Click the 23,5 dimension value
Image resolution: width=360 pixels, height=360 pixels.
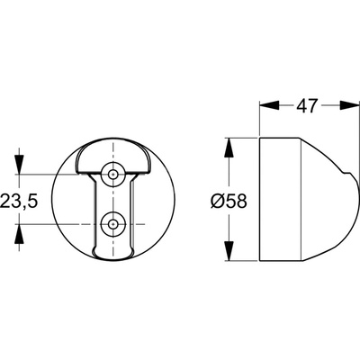19,201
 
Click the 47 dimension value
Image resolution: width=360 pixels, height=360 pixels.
307,105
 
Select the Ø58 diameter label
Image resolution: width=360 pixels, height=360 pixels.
229,201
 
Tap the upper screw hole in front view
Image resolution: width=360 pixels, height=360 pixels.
112,174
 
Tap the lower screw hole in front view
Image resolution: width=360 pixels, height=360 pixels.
112,224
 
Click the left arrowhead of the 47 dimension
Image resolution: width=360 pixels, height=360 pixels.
269,105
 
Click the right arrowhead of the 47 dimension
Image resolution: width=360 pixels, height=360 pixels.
349,105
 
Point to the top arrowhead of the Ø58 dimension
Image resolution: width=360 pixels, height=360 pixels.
229,148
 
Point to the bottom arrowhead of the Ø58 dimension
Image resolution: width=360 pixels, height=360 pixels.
229,251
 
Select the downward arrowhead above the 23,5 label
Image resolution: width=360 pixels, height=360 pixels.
20,164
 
